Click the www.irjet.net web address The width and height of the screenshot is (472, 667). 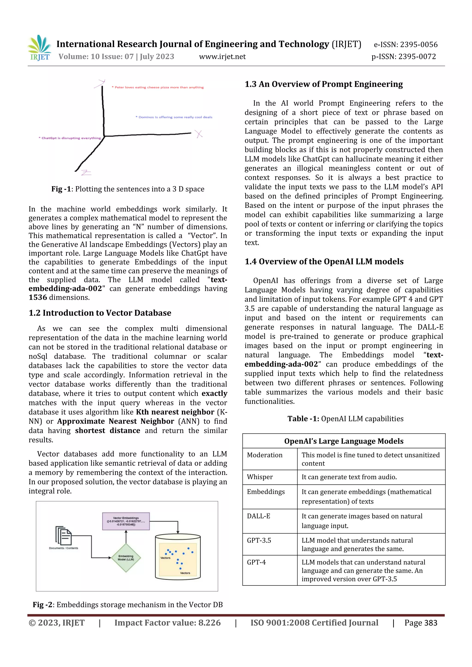pyautogui.click(x=222, y=57)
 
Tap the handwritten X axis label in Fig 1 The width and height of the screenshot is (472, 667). pyautogui.click(x=199, y=134)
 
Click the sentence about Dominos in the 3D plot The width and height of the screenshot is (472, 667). pyautogui.click(x=175, y=117)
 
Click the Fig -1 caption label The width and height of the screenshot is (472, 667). pyautogui.click(x=61, y=189)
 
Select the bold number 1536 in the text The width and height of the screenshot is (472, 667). pyautogui.click(x=38, y=297)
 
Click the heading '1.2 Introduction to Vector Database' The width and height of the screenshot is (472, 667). pyautogui.click(x=100, y=313)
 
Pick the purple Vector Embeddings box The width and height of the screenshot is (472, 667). pyautogui.click(x=126, y=521)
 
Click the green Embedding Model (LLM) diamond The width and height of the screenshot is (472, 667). pyautogui.click(x=126, y=558)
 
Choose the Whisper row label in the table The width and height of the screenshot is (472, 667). pyautogui.click(x=260, y=477)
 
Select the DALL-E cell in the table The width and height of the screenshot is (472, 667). pyautogui.click(x=259, y=516)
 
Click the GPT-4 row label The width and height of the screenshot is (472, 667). pyautogui.click(x=256, y=562)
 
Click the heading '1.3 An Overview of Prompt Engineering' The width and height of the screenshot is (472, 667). pyautogui.click(x=324, y=84)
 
